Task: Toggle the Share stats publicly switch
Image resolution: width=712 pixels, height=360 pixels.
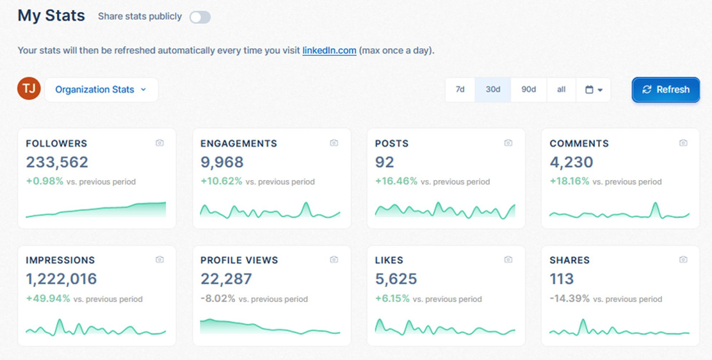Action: pos(200,17)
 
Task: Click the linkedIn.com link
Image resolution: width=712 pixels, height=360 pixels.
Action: pos(329,50)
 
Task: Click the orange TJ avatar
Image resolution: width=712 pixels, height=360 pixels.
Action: pos(29,89)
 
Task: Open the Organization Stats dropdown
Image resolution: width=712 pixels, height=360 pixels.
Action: pos(101,89)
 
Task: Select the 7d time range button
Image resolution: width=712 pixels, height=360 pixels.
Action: pos(460,89)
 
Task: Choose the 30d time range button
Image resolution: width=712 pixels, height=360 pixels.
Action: pos(493,89)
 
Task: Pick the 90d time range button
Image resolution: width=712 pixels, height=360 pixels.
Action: pos(529,89)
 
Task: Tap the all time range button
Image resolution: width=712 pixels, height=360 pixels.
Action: pos(561,89)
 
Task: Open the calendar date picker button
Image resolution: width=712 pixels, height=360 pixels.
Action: pos(594,89)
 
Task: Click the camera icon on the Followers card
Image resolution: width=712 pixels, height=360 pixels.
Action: pos(160,143)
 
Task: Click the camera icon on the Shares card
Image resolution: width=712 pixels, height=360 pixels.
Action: pos(683,259)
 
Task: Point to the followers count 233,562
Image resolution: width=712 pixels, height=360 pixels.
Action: pos(57,162)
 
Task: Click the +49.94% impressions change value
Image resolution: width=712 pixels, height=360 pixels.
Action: pos(48,299)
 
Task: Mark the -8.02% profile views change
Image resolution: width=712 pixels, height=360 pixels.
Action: pos(218,299)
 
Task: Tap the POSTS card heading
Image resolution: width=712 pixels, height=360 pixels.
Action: pos(392,143)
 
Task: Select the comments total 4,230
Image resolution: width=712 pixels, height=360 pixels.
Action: pos(571,162)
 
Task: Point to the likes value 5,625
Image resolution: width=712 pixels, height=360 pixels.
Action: pos(396,279)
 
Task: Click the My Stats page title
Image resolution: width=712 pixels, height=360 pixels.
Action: pos(51,16)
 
